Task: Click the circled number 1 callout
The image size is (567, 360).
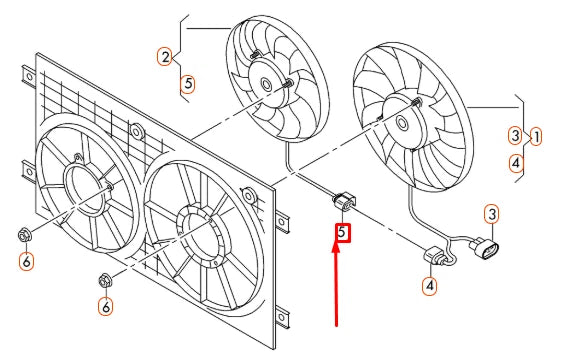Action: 537,135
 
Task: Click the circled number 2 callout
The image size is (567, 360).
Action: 164,57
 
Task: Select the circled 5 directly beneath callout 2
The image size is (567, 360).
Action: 187,85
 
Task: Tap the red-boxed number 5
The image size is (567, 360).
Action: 342,233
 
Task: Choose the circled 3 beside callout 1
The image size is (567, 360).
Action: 514,135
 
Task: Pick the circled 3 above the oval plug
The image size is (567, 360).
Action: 492,214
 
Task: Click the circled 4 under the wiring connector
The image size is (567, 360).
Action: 429,286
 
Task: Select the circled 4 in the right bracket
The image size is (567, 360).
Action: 515,160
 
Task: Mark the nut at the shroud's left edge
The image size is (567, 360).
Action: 24,237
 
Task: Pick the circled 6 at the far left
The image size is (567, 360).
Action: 26,262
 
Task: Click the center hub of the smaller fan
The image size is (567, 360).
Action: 267,86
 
